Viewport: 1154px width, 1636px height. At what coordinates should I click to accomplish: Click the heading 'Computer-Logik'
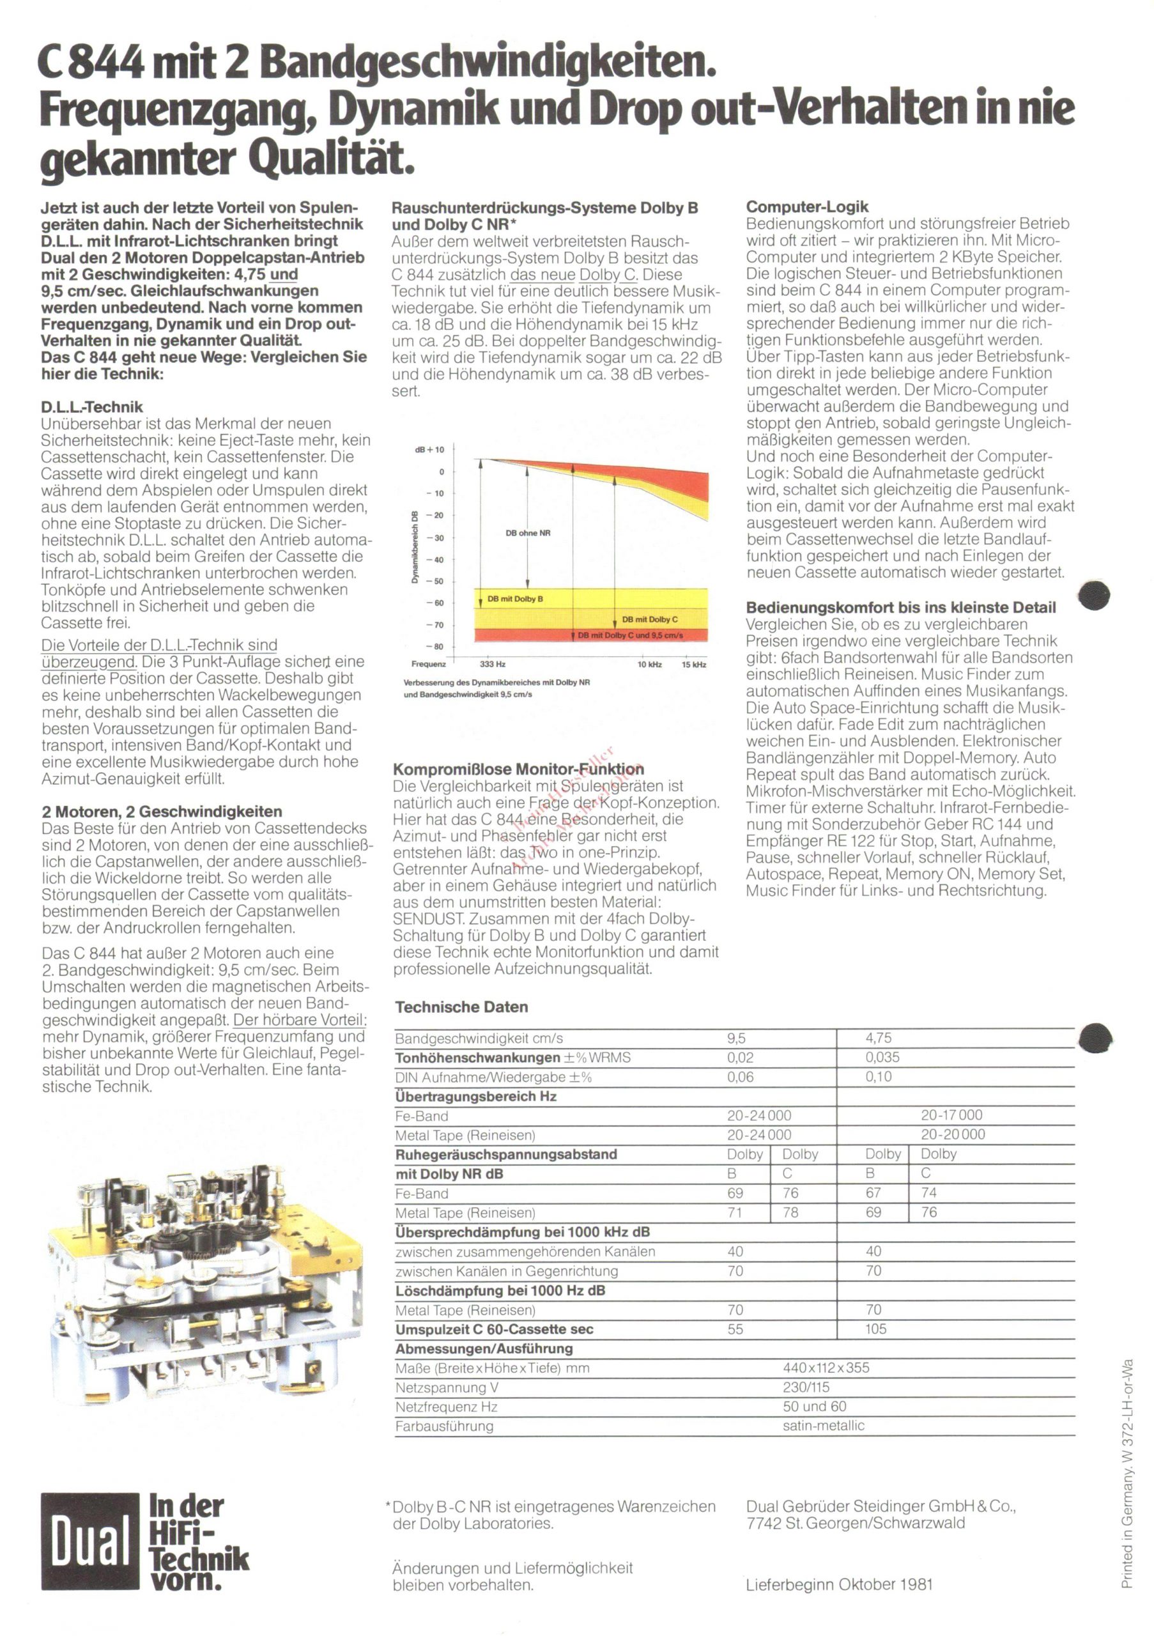pyautogui.click(x=807, y=206)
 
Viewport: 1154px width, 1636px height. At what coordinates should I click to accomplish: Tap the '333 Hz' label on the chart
pyautogui.click(x=492, y=664)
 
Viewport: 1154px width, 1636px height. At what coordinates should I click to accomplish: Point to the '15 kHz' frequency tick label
pyautogui.click(x=693, y=664)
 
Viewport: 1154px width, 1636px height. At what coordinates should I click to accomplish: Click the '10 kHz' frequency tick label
pyautogui.click(x=649, y=664)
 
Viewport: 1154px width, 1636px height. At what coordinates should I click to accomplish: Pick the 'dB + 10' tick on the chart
pyautogui.click(x=429, y=450)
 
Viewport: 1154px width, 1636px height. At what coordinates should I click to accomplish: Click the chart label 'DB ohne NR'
pyautogui.click(x=528, y=533)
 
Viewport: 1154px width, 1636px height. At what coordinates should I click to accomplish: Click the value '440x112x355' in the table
pyautogui.click(x=826, y=1368)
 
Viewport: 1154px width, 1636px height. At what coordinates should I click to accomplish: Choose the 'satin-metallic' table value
pyautogui.click(x=823, y=1426)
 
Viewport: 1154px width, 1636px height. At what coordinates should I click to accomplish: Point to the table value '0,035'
pyautogui.click(x=882, y=1058)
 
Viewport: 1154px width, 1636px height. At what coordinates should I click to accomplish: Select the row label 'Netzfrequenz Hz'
pyautogui.click(x=446, y=1407)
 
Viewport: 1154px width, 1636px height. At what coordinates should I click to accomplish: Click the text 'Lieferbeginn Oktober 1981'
pyautogui.click(x=839, y=1585)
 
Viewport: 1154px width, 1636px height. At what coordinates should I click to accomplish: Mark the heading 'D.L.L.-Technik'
pyautogui.click(x=92, y=407)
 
